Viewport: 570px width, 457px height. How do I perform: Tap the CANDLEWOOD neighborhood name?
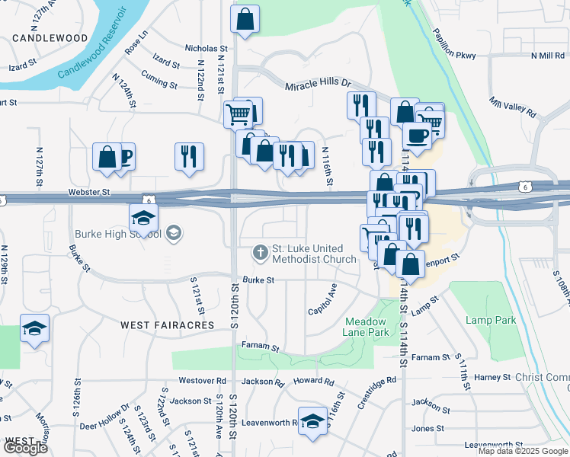pyautogui.click(x=50, y=37)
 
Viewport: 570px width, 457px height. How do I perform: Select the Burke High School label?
pyautogui.click(x=118, y=234)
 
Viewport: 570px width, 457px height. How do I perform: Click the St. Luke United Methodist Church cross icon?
pyautogui.click(x=261, y=251)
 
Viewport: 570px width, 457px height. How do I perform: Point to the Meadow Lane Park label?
pyautogui.click(x=367, y=327)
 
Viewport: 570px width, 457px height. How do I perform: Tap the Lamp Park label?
pyautogui.click(x=486, y=320)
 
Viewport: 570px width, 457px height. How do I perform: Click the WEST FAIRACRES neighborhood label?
pyautogui.click(x=169, y=325)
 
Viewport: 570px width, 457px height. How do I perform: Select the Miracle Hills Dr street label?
pyautogui.click(x=318, y=85)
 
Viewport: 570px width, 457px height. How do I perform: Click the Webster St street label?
pyautogui.click(x=89, y=193)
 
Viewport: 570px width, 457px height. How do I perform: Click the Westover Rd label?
pyautogui.click(x=203, y=380)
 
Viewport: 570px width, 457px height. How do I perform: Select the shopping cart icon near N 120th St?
pyautogui.click(x=238, y=115)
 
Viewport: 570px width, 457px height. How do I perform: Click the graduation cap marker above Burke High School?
pyautogui.click(x=143, y=218)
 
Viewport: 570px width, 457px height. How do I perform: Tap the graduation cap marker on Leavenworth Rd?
pyautogui.click(x=312, y=421)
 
